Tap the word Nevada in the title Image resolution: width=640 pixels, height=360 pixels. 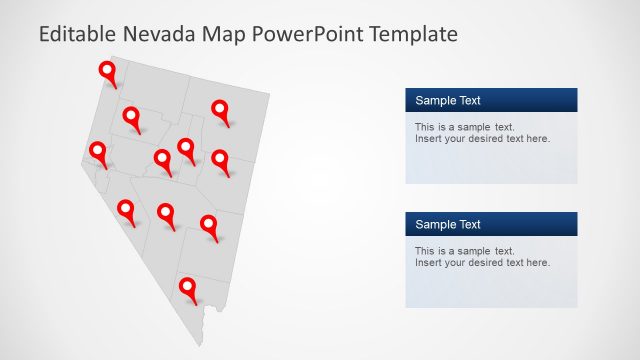pos(155,34)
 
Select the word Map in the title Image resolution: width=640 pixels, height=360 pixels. pos(222,34)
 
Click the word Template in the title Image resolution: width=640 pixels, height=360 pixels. pos(413,34)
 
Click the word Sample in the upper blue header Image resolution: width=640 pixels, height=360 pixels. pos(435,100)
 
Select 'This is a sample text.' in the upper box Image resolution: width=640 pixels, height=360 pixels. pos(464,127)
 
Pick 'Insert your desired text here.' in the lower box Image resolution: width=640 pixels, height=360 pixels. pos(482,262)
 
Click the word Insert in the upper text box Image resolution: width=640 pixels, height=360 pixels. pos(428,138)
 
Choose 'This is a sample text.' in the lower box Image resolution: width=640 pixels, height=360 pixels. pos(464,251)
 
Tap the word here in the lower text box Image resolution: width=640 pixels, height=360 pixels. pos(537,262)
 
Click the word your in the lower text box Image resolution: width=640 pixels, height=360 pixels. pos(455,262)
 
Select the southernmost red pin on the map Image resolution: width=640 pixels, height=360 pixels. pos(187,288)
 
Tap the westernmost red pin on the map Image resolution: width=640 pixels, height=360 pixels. pos(98,152)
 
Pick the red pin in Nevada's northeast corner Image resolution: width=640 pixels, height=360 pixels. pos(220,110)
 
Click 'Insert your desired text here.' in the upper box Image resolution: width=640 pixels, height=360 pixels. pos(482,138)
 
